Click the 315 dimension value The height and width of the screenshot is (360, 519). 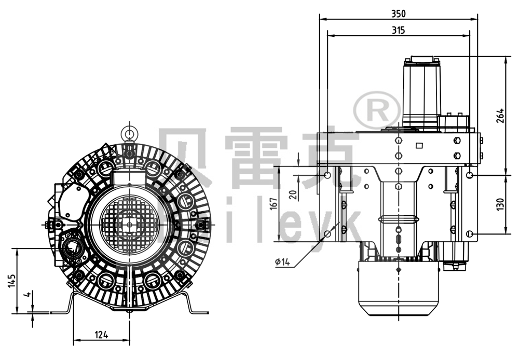click(x=398, y=30)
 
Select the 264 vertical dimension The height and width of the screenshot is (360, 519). click(x=500, y=115)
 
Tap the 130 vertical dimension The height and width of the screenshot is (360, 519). click(x=500, y=204)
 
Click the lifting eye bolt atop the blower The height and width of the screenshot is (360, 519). click(x=128, y=133)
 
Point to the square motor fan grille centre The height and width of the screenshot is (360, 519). click(x=128, y=224)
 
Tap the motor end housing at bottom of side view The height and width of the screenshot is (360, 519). click(x=398, y=288)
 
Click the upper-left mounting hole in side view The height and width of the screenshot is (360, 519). click(x=327, y=175)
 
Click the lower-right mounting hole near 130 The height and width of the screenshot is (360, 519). click(x=469, y=234)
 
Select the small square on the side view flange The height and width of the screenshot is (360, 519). click(x=420, y=146)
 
